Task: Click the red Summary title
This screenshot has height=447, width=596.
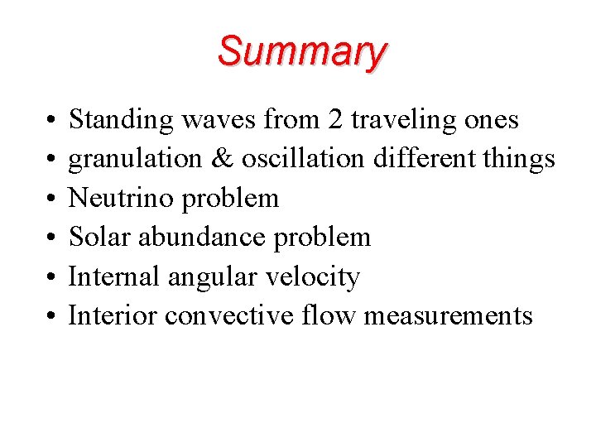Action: click(302, 51)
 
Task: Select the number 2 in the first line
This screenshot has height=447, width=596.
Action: click(335, 120)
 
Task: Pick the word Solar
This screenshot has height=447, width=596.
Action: click(95, 238)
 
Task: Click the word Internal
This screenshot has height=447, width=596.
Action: click(115, 276)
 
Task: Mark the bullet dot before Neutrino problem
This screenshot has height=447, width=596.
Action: click(41, 199)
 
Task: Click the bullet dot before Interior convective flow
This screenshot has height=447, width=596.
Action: click(41, 316)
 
